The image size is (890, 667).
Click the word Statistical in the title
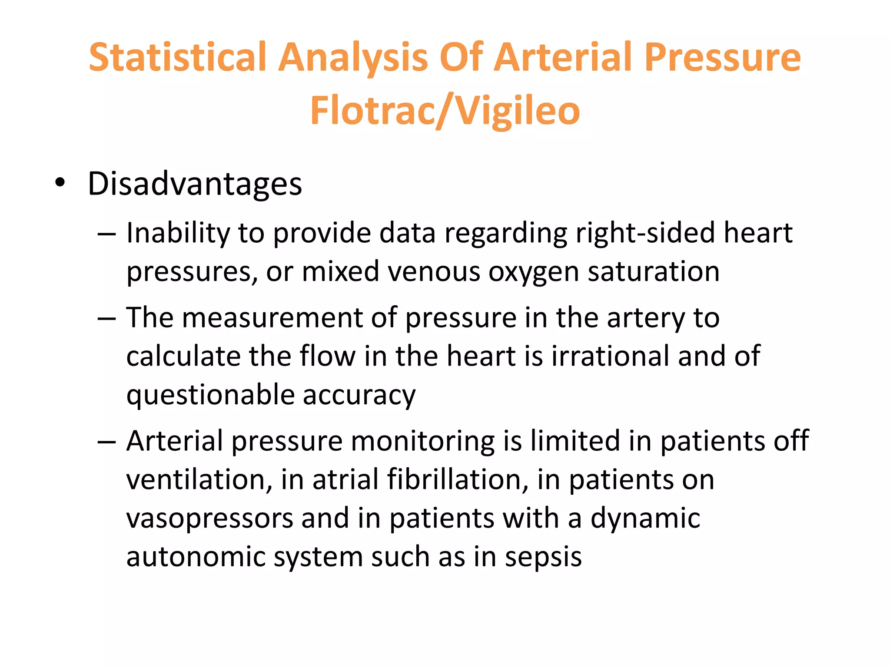177,57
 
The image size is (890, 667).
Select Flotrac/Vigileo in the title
445,111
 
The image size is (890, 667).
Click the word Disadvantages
195,184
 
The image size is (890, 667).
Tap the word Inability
177,234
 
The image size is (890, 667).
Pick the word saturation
654,272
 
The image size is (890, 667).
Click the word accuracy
359,396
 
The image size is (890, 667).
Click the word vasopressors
209,519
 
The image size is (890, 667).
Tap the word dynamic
645,519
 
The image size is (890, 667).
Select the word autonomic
196,557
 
